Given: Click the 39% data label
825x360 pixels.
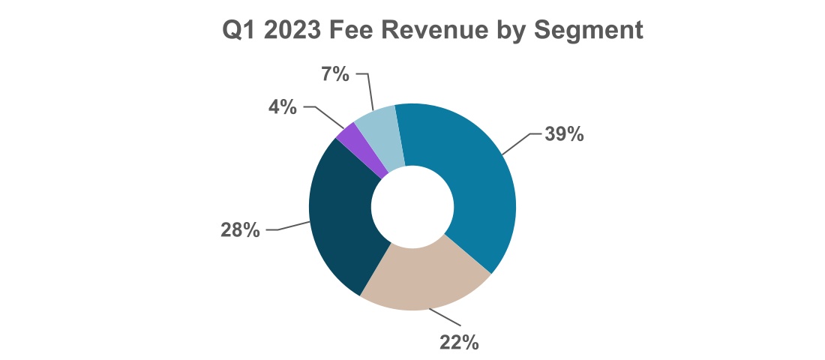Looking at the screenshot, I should pos(563,134).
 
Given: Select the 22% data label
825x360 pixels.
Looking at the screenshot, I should pos(458,342).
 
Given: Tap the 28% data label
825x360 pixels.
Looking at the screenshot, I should pos(241,230).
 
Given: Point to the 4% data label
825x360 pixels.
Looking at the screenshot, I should pos(283,107).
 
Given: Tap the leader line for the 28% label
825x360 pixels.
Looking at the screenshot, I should pos(289,227).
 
